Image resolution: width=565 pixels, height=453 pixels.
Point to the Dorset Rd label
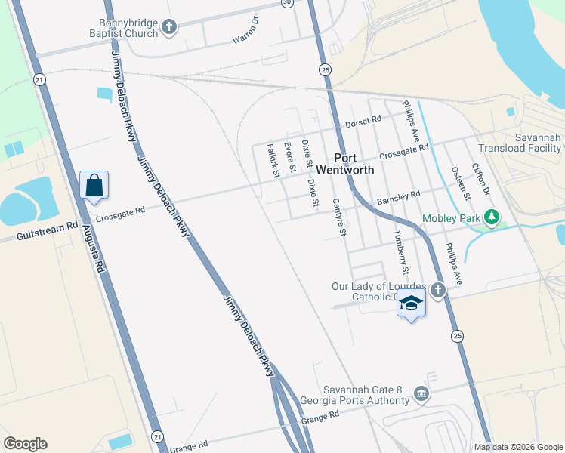coord(363,122)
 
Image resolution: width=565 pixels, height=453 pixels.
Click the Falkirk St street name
coord(273,161)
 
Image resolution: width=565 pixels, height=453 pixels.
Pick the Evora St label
coord(289,156)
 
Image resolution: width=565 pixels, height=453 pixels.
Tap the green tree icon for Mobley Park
coord(492,218)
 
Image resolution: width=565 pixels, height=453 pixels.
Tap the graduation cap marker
coord(411,303)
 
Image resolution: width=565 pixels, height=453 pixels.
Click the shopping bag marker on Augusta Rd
coord(94,185)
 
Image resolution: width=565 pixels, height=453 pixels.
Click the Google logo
coord(25,444)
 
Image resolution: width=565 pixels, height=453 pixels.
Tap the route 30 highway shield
coord(286,3)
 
